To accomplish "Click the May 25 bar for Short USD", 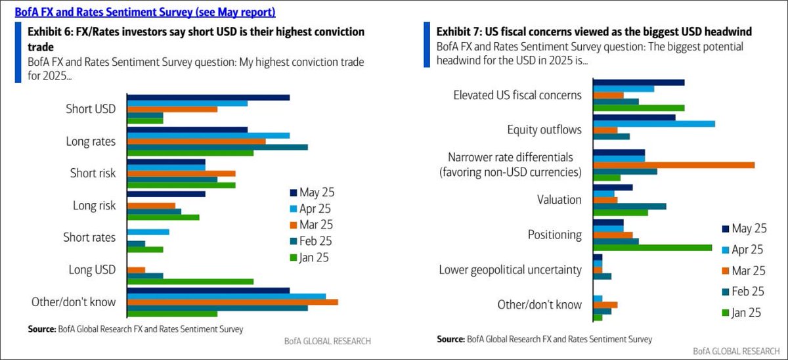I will pos(208,97).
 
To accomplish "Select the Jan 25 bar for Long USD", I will pos(190,281).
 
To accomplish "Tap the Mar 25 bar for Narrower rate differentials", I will pos(673,164).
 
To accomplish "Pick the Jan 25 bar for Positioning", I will pos(652,248).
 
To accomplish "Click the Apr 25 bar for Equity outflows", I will pos(653,124).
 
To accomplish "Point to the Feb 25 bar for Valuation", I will pos(629,206).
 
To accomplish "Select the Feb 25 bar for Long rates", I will pos(217,146).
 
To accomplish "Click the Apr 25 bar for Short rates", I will pos(148,232).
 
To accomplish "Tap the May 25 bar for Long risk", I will pos(166,194).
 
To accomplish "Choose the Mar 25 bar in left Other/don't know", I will pos(232,302).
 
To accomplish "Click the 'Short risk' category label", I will pos(93,173).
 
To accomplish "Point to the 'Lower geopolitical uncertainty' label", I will pos(510,270).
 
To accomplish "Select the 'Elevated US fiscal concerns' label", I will pos(517,95).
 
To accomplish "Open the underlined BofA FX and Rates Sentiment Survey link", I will pos(145,12).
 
